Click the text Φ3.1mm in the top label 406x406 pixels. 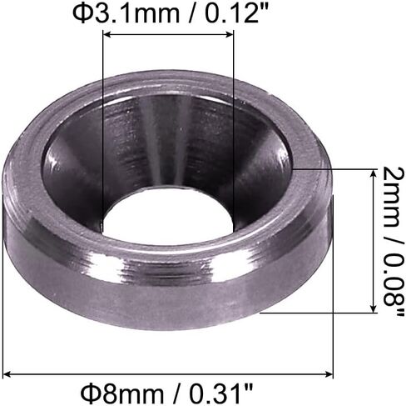[126, 13]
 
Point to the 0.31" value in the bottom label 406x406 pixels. [221, 393]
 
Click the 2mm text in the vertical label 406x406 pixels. [391, 193]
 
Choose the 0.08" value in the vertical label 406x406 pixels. [392, 284]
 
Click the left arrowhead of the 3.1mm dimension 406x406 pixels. [106, 34]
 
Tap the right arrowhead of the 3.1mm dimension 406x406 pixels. [230, 34]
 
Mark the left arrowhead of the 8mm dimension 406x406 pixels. [7, 374]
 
